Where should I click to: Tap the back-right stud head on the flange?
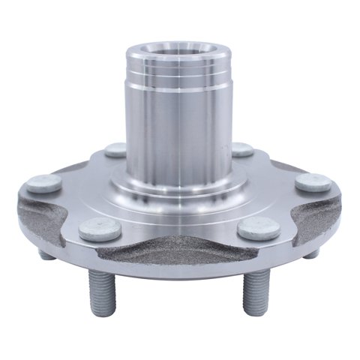242,148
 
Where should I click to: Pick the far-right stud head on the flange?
312,182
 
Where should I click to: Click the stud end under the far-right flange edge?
312,253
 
